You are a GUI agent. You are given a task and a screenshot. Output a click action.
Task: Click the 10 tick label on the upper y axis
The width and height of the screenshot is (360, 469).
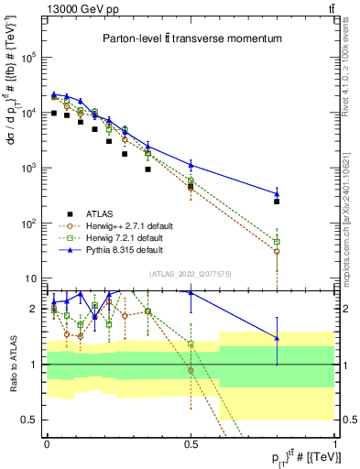pos(30,278)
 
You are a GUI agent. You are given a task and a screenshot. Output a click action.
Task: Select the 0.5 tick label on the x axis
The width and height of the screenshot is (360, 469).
pos(190,443)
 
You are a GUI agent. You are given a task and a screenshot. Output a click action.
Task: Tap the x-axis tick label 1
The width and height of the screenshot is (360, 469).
pos(334,443)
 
